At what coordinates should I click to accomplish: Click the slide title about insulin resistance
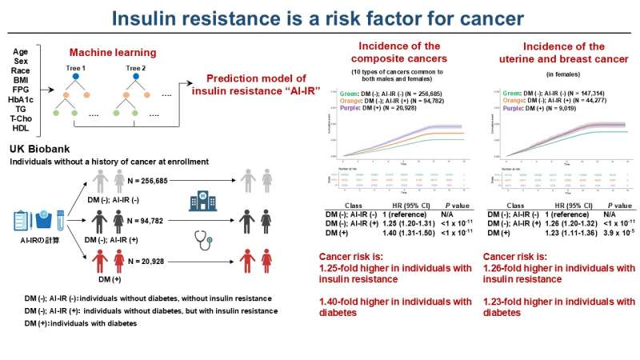(320, 18)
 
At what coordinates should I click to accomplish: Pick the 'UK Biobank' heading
(38, 149)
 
